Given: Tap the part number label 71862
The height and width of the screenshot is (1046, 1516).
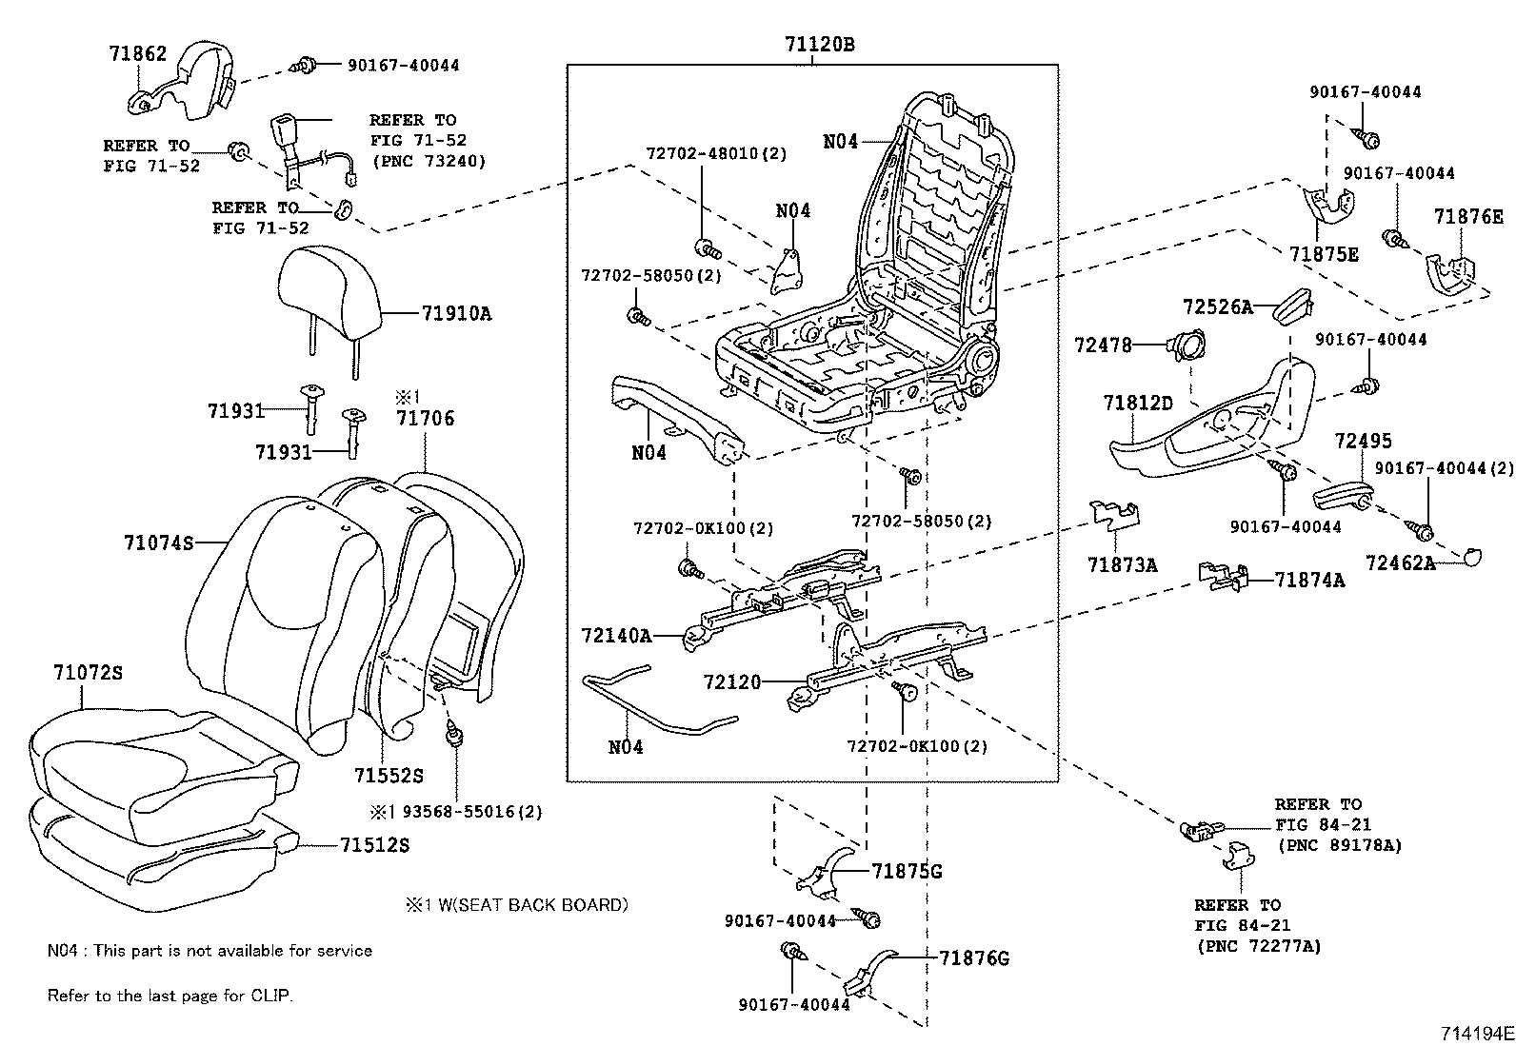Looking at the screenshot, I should tap(137, 54).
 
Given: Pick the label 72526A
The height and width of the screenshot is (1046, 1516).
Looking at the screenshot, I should tap(1217, 306).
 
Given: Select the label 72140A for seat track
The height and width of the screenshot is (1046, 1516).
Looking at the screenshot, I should tap(617, 635).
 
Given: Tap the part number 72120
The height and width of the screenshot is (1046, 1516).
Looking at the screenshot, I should tap(732, 682).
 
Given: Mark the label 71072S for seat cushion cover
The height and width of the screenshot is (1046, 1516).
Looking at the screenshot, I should tap(88, 673).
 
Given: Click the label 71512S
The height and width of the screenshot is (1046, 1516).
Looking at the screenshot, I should tap(374, 845).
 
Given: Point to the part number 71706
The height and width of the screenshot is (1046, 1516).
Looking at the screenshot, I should tap(426, 418).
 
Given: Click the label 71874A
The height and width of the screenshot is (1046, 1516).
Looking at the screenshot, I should tap(1309, 580).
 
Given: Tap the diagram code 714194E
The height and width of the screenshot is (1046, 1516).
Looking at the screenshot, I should tap(1475, 1033).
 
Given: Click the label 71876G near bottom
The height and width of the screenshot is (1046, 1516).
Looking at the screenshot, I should tap(973, 957).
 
